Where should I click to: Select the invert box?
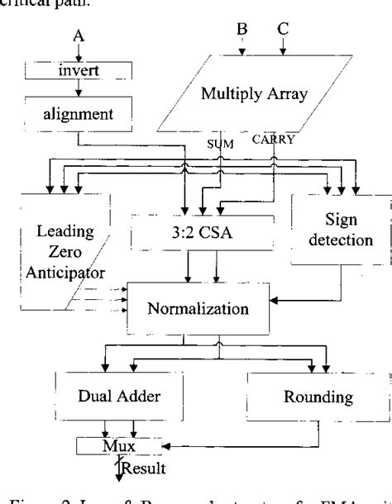pos(79,70)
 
